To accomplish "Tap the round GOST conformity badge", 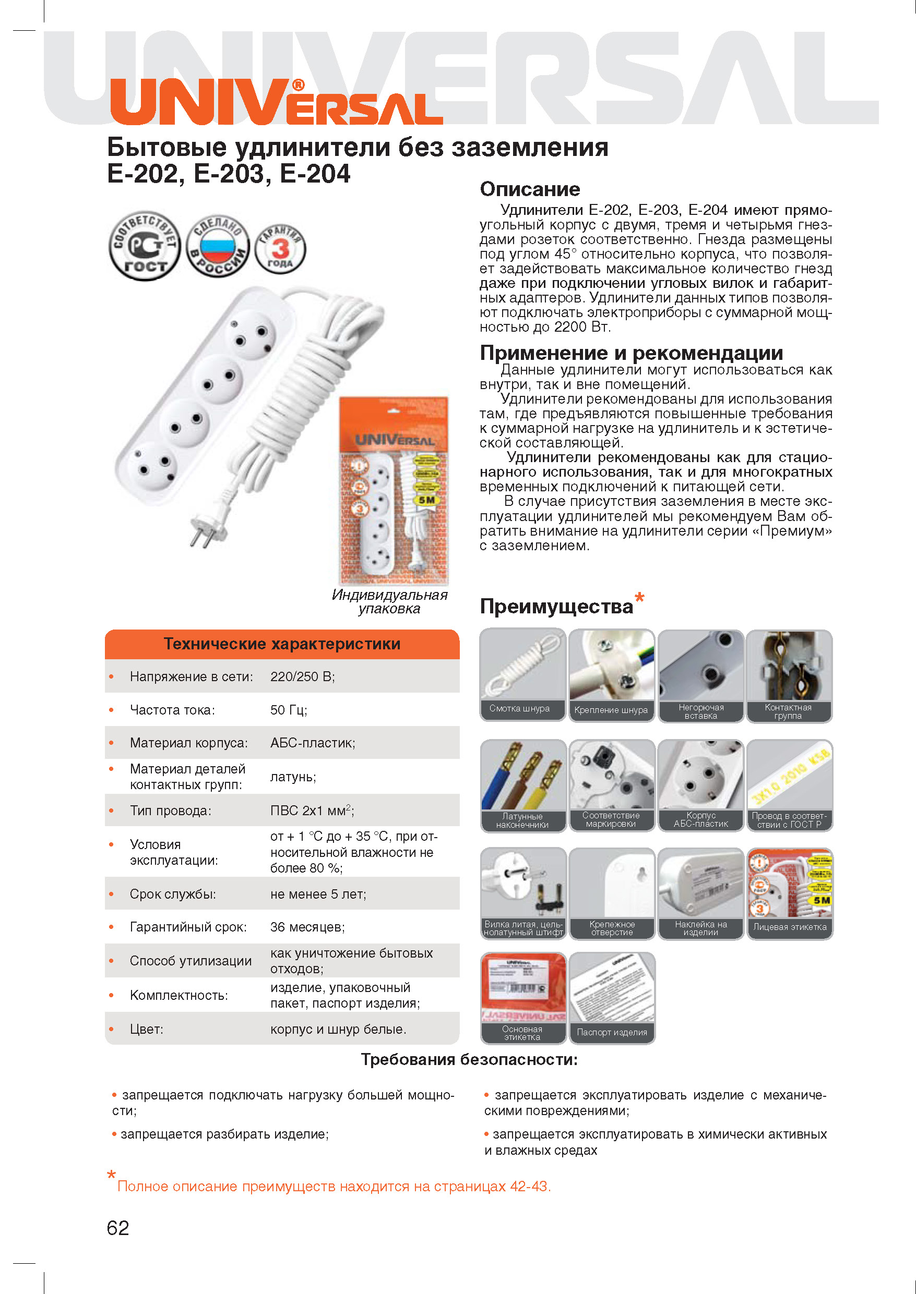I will tap(145, 246).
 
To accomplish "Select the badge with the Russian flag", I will tap(217, 246).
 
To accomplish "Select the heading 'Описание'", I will tap(530, 189).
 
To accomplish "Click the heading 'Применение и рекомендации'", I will tap(631, 353).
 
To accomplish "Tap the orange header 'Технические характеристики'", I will tap(282, 644).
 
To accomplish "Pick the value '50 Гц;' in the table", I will tap(288, 709).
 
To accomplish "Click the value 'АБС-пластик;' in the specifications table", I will tap(313, 743).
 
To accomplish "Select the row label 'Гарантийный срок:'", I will tap(188, 927).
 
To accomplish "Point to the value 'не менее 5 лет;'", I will tap(318, 894).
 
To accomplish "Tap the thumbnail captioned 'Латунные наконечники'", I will tap(523, 785).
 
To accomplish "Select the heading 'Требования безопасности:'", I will tap(469, 1059).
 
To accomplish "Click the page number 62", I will tap(118, 1227).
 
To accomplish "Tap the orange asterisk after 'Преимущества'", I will tap(639, 597).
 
